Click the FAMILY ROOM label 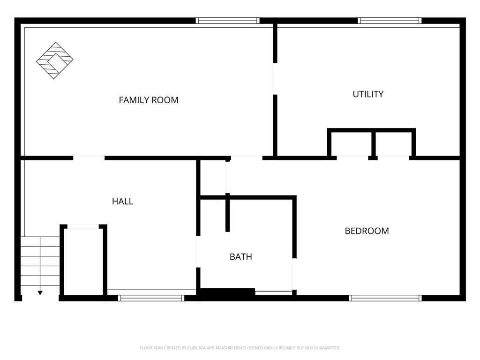pyautogui.click(x=149, y=100)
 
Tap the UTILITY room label pyautogui.click(x=368, y=94)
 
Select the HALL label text pyautogui.click(x=122, y=202)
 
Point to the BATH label pyautogui.click(x=241, y=256)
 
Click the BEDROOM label pyautogui.click(x=367, y=231)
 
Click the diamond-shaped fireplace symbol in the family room pyautogui.click(x=55, y=60)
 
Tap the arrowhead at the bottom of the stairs pyautogui.click(x=40, y=293)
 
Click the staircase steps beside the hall pyautogui.click(x=40, y=261)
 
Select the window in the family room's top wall pyautogui.click(x=228, y=21)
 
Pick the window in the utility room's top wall pyautogui.click(x=390, y=21)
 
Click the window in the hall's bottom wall pyautogui.click(x=151, y=298)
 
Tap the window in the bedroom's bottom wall pyautogui.click(x=385, y=298)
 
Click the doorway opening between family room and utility pyautogui.click(x=275, y=79)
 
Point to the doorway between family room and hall pyautogui.click(x=89, y=158)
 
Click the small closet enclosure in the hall pyautogui.click(x=83, y=261)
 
